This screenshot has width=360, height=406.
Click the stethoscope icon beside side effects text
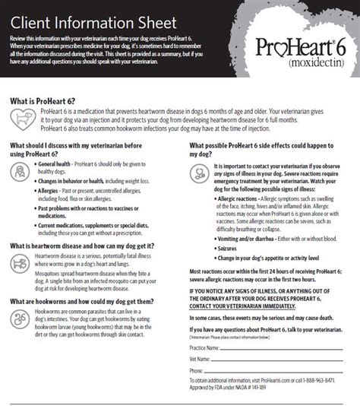tap(198, 172)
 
